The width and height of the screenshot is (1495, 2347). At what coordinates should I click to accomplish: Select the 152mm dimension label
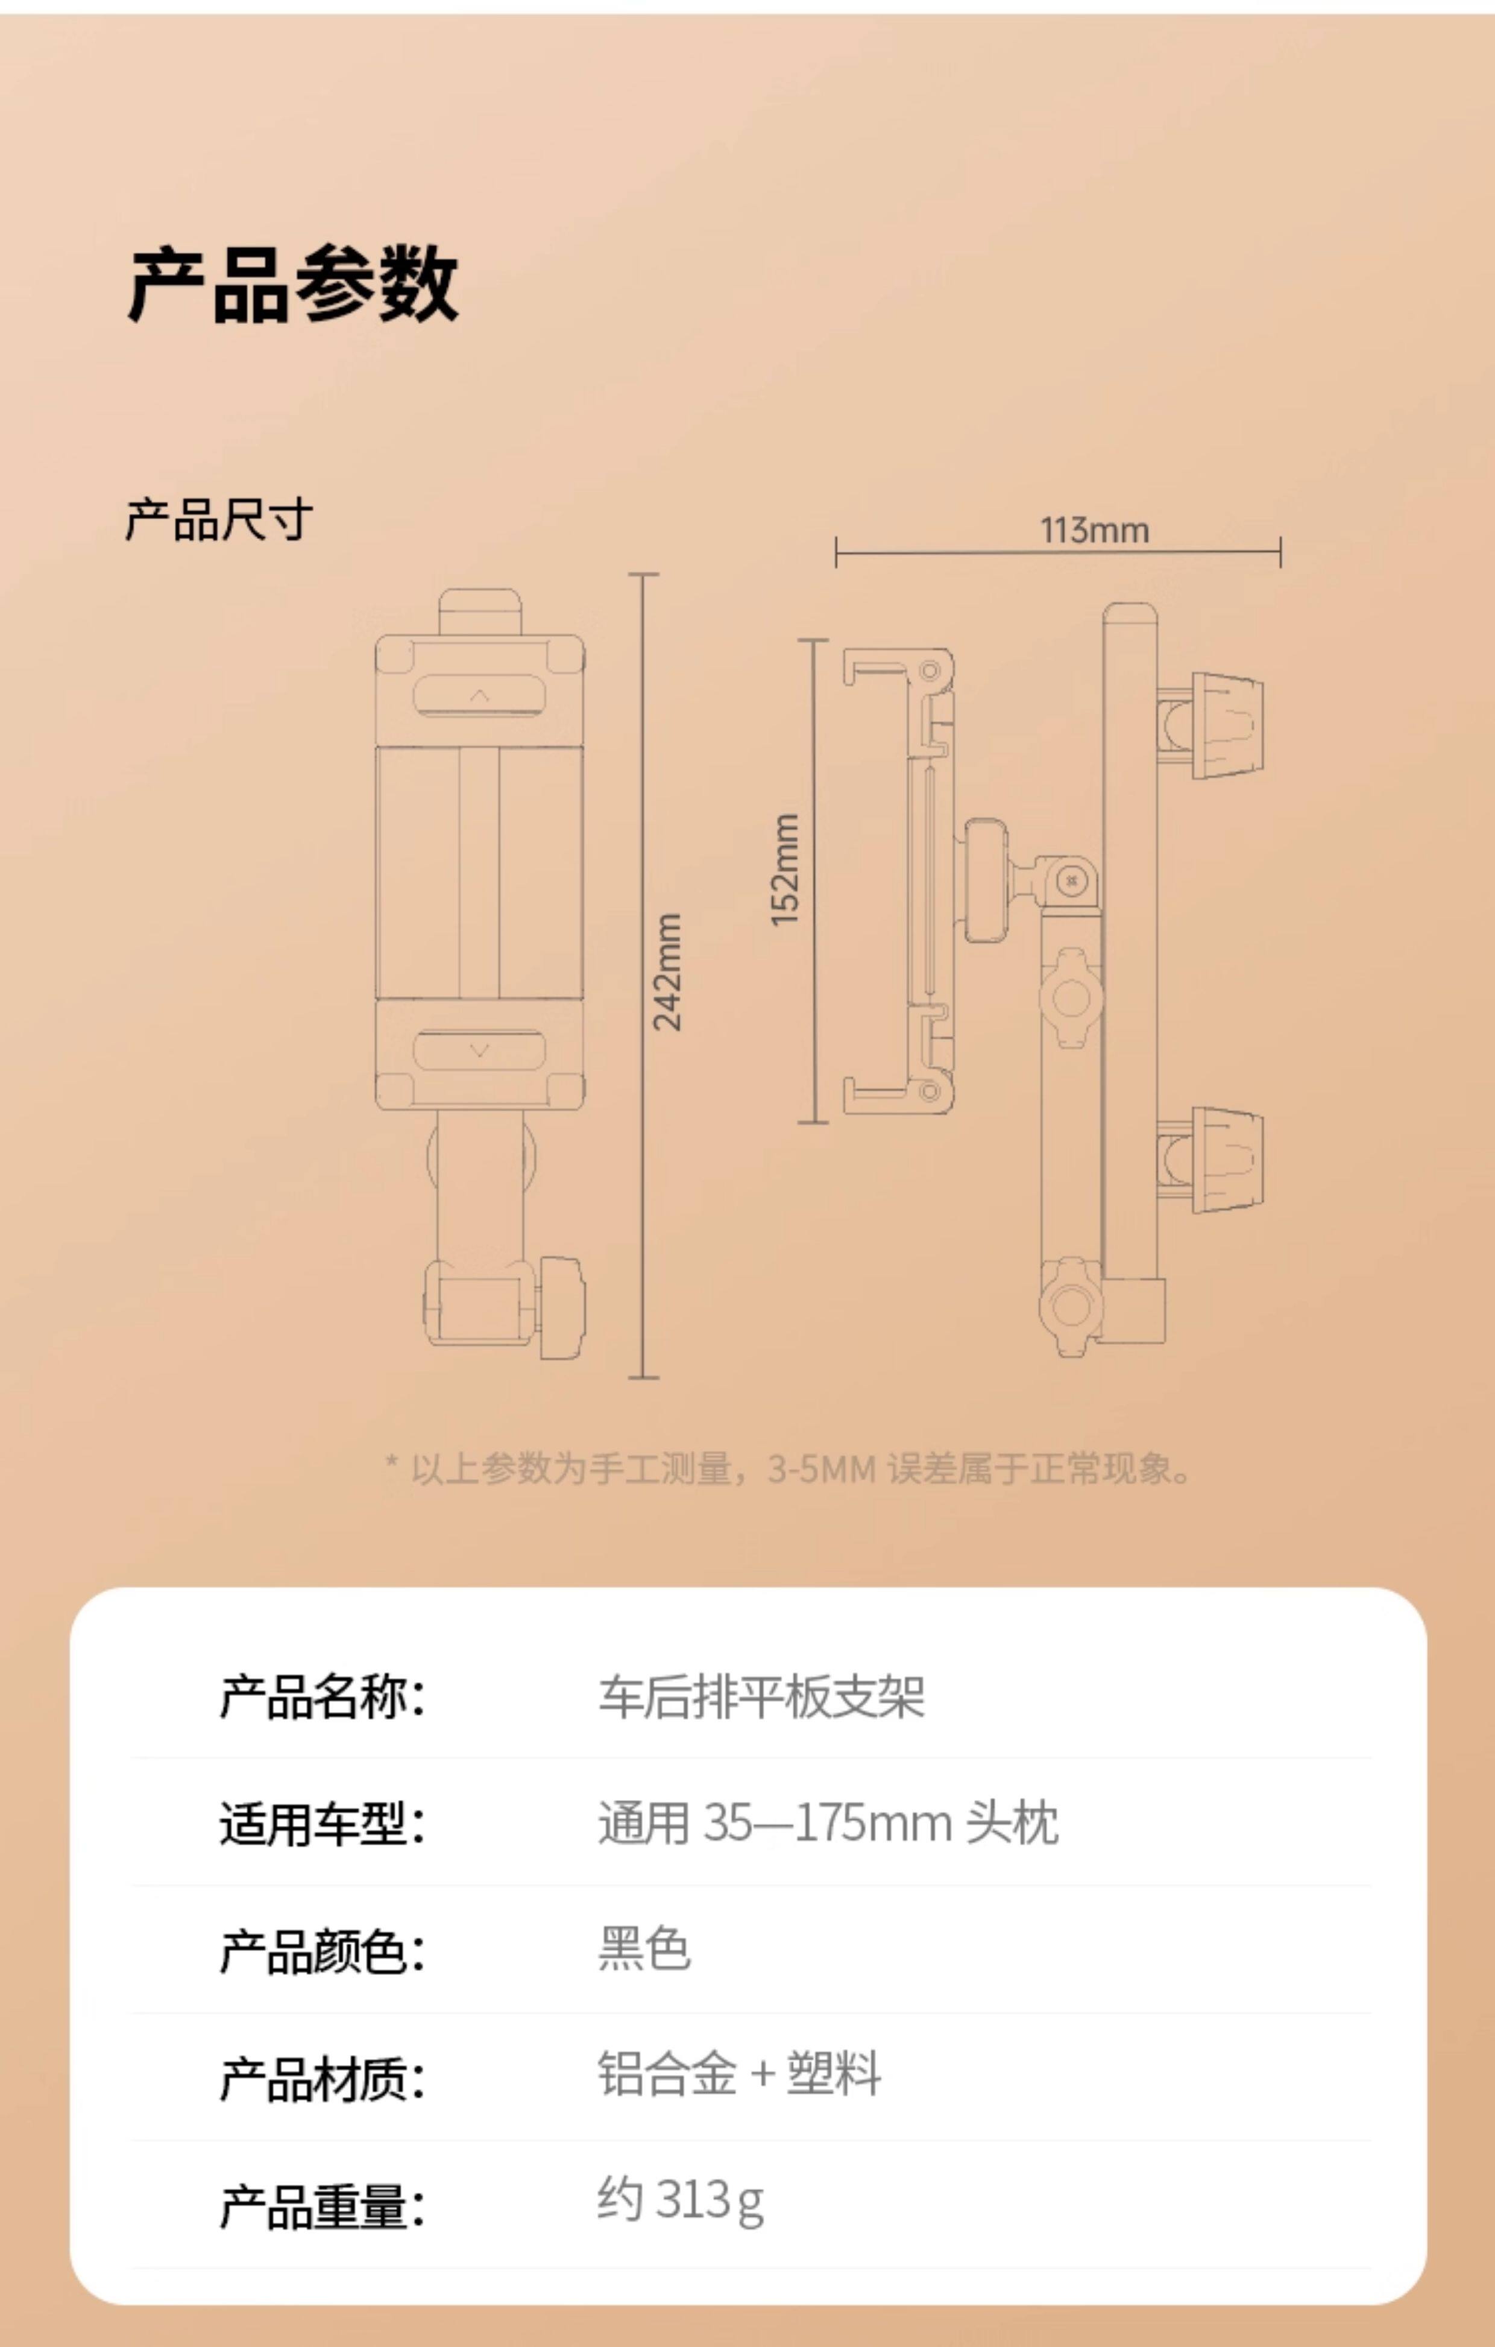point(784,870)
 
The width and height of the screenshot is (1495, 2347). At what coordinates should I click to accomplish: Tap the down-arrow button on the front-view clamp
point(479,1050)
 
